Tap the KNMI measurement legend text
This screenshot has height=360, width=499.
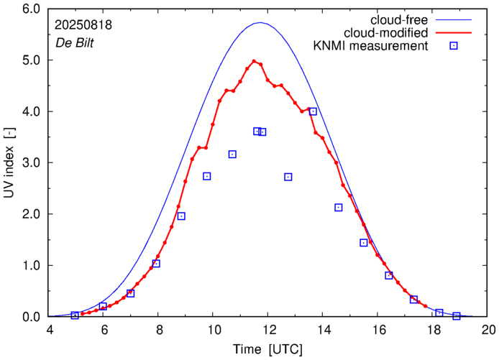371,47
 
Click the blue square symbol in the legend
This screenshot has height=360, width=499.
454,47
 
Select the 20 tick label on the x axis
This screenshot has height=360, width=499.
488,331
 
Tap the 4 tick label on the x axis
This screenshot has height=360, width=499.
49,331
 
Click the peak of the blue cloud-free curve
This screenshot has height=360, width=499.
260,23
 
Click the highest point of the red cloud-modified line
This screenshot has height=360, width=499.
254,61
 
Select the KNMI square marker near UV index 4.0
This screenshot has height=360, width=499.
313,111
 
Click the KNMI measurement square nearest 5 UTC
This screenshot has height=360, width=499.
75,315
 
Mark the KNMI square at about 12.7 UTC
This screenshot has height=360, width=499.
288,177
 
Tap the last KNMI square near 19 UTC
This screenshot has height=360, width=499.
457,316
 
